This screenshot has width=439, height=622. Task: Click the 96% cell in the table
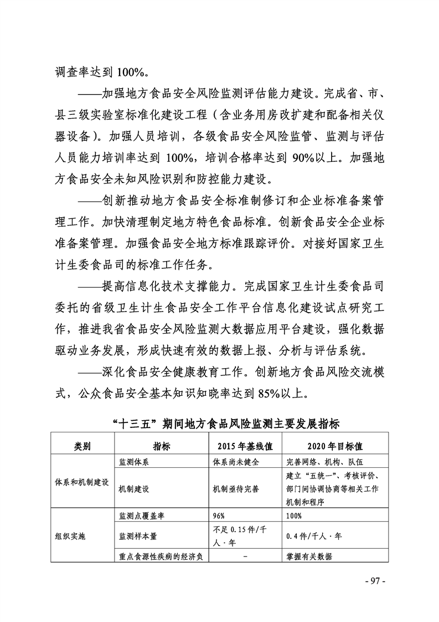219,516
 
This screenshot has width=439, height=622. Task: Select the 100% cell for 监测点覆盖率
294,516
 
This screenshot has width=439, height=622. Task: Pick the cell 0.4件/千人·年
314,536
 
